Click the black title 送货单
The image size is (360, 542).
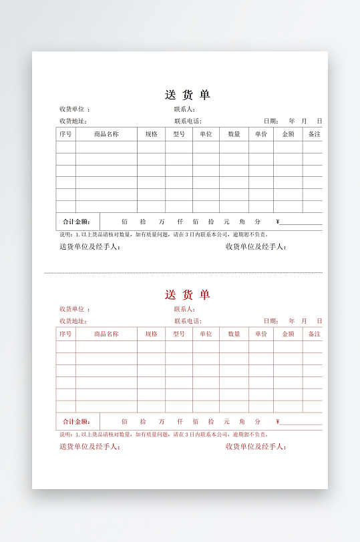(x=187, y=95)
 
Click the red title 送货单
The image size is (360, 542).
(x=187, y=294)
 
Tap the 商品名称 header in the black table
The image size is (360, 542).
(x=106, y=134)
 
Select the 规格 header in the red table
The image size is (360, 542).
(x=152, y=334)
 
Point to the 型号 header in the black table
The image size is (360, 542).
(x=179, y=134)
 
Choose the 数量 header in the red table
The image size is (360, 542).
(x=234, y=334)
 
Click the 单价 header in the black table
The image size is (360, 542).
(x=261, y=134)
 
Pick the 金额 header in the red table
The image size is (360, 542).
(x=288, y=334)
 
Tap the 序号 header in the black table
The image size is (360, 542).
(x=65, y=134)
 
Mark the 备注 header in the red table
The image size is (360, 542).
(x=314, y=334)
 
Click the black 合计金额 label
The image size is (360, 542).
(x=76, y=222)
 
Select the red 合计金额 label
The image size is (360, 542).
(x=76, y=422)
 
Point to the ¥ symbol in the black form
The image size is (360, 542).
(x=278, y=222)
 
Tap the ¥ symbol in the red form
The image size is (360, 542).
(x=278, y=422)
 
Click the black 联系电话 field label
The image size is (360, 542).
(x=188, y=121)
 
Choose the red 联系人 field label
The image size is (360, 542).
(x=184, y=309)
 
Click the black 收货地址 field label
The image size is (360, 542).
(x=73, y=121)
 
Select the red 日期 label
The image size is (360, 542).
(x=271, y=321)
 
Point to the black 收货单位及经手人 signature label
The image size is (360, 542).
(x=256, y=247)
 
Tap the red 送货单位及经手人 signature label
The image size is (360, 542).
(x=89, y=447)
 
